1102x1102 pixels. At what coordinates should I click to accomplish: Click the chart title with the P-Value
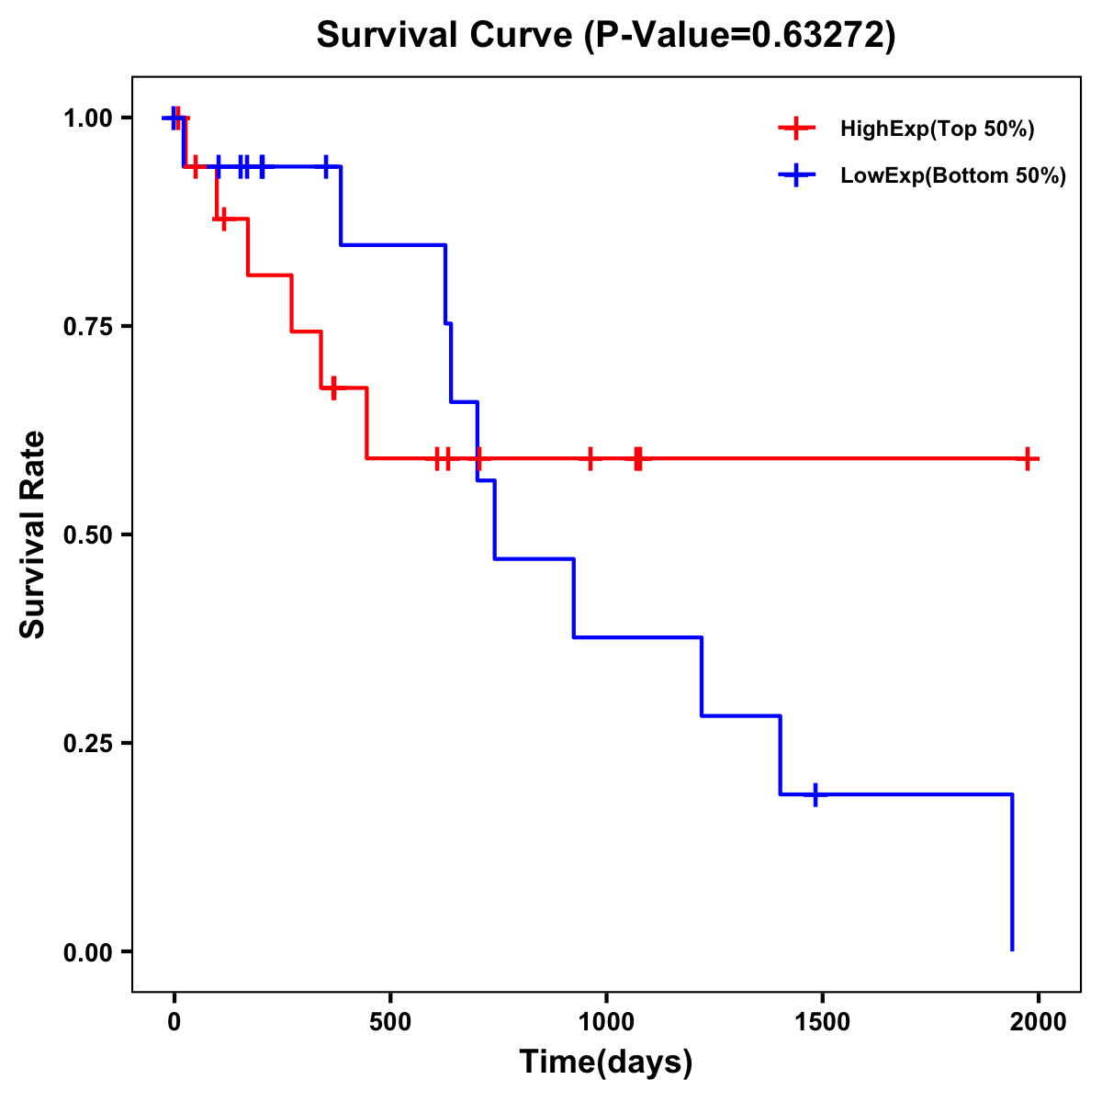(605, 35)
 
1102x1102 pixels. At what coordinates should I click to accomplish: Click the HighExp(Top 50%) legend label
(937, 129)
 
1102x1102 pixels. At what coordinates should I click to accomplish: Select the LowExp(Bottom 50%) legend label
(952, 176)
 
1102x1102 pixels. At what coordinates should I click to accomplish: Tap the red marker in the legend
(796, 129)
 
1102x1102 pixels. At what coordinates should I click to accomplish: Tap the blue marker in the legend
(796, 176)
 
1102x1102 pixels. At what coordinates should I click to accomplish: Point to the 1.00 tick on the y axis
(87, 118)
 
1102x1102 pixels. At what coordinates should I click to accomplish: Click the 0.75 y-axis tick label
(87, 327)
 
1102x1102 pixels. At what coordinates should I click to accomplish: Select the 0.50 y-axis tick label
(87, 535)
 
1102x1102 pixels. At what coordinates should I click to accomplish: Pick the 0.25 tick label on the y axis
(87, 744)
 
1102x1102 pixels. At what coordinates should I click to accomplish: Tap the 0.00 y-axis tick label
(87, 952)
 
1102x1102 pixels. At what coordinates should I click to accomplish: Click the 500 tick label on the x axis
(390, 1022)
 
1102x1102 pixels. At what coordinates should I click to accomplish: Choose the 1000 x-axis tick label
(606, 1022)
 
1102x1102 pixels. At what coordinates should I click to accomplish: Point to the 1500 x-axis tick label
(822, 1022)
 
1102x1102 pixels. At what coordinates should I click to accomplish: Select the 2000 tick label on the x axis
(1039, 1022)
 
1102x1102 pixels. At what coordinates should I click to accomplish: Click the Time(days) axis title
(606, 1063)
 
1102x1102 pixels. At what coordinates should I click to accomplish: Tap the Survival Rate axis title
(33, 534)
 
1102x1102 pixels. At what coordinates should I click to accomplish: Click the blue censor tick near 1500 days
(815, 794)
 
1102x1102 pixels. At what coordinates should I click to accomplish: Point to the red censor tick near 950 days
(590, 458)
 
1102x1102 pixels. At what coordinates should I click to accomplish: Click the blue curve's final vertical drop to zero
(1012, 872)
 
